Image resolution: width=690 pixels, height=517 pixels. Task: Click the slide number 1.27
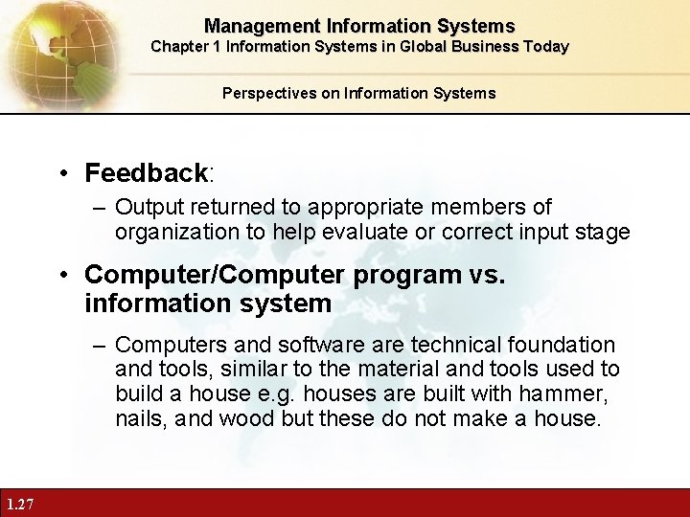pos(19,505)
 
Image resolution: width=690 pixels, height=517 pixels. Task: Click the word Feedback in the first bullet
pos(146,173)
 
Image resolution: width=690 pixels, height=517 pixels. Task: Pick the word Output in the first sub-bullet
pos(146,207)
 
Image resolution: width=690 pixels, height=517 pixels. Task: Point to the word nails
pos(140,417)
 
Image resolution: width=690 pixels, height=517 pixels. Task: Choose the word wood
pos(245,417)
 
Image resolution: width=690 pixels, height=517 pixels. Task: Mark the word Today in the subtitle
pos(545,46)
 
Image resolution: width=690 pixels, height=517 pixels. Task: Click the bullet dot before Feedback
pos(63,174)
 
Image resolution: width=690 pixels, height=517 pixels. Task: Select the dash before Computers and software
pos(100,344)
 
